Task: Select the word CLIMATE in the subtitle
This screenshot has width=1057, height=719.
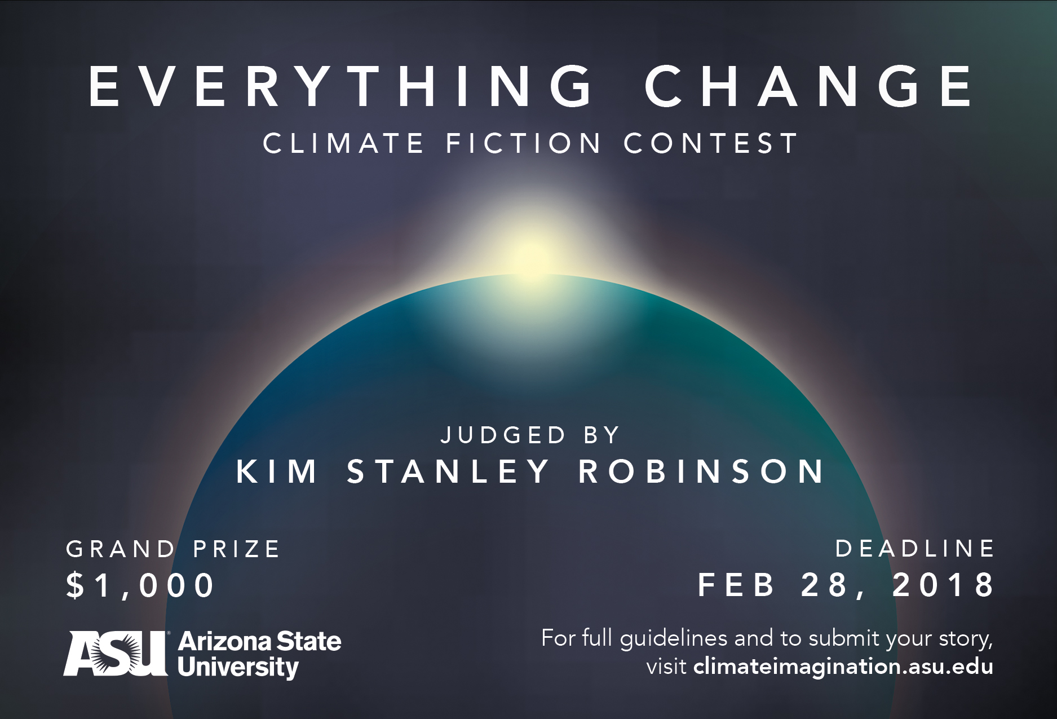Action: click(343, 143)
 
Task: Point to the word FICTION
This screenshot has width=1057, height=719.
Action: click(524, 143)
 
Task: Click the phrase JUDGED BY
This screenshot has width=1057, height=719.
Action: click(530, 435)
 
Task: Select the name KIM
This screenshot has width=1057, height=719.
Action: click(277, 471)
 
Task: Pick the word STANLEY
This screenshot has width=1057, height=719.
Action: click(448, 471)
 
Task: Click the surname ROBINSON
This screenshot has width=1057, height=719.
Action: click(702, 471)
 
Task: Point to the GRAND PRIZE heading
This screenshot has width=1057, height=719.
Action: click(173, 549)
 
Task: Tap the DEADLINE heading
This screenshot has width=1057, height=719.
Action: click(915, 549)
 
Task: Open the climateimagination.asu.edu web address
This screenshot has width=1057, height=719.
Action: click(843, 667)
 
